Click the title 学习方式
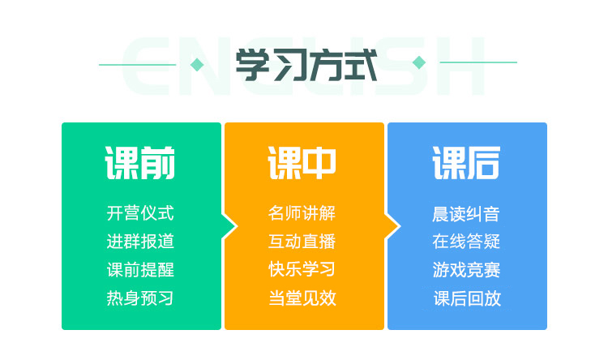pyautogui.click(x=306, y=65)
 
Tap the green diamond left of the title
pyautogui.click(x=197, y=65)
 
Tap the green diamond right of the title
pyautogui.click(x=419, y=62)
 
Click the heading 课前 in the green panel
pyautogui.click(x=140, y=163)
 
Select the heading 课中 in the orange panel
pyautogui.click(x=302, y=163)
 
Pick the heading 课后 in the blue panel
pyautogui.click(x=466, y=163)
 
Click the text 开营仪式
pyautogui.click(x=140, y=213)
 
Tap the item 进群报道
pyautogui.click(x=140, y=242)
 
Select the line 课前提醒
pyautogui.click(x=140, y=270)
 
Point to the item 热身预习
pyautogui.click(x=140, y=298)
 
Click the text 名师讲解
pyautogui.click(x=302, y=213)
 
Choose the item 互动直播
pyautogui.click(x=302, y=242)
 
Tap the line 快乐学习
pyautogui.click(x=302, y=270)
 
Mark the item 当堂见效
pyautogui.click(x=302, y=298)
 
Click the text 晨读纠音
pyautogui.click(x=466, y=214)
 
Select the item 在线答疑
pyautogui.click(x=466, y=242)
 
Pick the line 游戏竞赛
pyautogui.click(x=466, y=270)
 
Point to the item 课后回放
pyautogui.click(x=467, y=298)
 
